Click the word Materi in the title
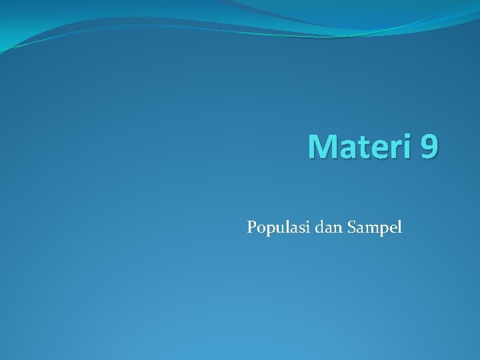361,146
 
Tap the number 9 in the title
430,146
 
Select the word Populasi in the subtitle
273,228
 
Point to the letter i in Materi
409,146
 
